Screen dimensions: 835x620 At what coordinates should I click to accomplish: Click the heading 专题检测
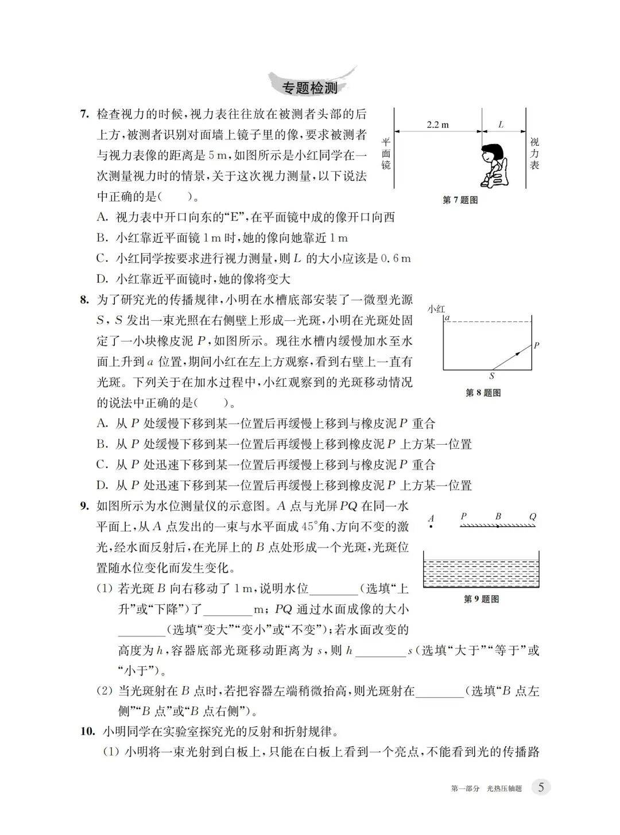tap(310, 88)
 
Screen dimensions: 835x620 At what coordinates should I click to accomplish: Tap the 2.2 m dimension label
tap(437, 125)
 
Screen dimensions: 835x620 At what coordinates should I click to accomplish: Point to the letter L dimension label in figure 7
tap(501, 124)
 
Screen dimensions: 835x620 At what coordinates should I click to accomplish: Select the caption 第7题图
tap(460, 200)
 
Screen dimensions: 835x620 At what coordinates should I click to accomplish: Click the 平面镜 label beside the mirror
tap(386, 153)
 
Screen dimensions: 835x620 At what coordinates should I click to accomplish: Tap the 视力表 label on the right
tap(534, 153)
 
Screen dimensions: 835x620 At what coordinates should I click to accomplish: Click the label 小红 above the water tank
tap(436, 309)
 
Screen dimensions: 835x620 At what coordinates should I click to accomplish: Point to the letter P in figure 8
tap(536, 345)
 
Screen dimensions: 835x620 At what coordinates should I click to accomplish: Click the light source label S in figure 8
tap(492, 376)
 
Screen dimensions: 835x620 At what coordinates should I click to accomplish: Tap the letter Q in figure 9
tap(532, 516)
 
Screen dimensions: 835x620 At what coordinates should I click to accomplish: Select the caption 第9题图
tap(480, 599)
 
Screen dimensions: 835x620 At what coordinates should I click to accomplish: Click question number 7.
tap(84, 114)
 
